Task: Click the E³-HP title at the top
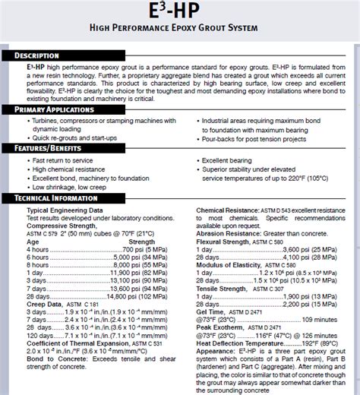point(180,13)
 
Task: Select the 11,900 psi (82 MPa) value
point(137,272)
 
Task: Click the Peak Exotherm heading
point(225,327)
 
